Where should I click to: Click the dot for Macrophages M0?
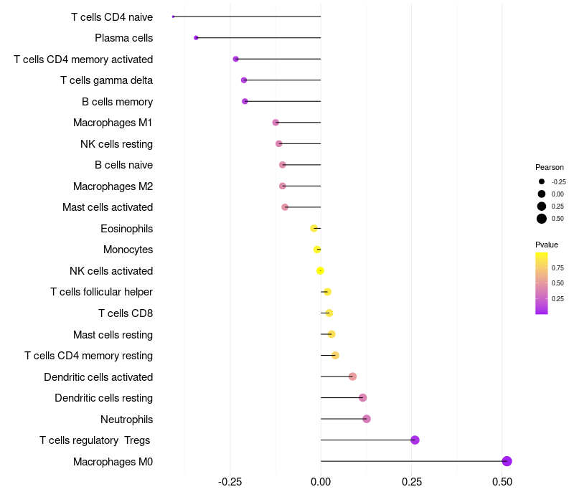tap(507, 461)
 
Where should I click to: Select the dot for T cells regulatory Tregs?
tap(415, 440)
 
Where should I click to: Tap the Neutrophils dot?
tap(367, 419)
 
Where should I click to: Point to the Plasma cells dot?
tap(196, 37)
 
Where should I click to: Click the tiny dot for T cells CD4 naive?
tap(174, 16)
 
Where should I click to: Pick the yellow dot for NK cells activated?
tap(321, 270)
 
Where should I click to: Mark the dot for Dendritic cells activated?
tap(352, 376)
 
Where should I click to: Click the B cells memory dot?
tap(245, 101)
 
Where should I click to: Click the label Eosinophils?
tap(126, 229)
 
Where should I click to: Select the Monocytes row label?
tap(128, 250)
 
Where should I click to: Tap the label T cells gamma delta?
tap(106, 80)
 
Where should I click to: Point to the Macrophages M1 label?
tap(113, 123)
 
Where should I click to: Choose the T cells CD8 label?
tap(125, 313)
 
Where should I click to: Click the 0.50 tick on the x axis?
tap(502, 481)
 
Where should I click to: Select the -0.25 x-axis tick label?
tap(230, 481)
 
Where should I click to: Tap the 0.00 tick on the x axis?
tap(321, 481)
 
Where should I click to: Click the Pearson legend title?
tap(550, 167)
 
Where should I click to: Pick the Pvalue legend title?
tap(547, 245)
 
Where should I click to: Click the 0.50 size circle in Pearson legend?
tap(542, 219)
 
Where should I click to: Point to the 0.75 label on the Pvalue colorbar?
tap(557, 268)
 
